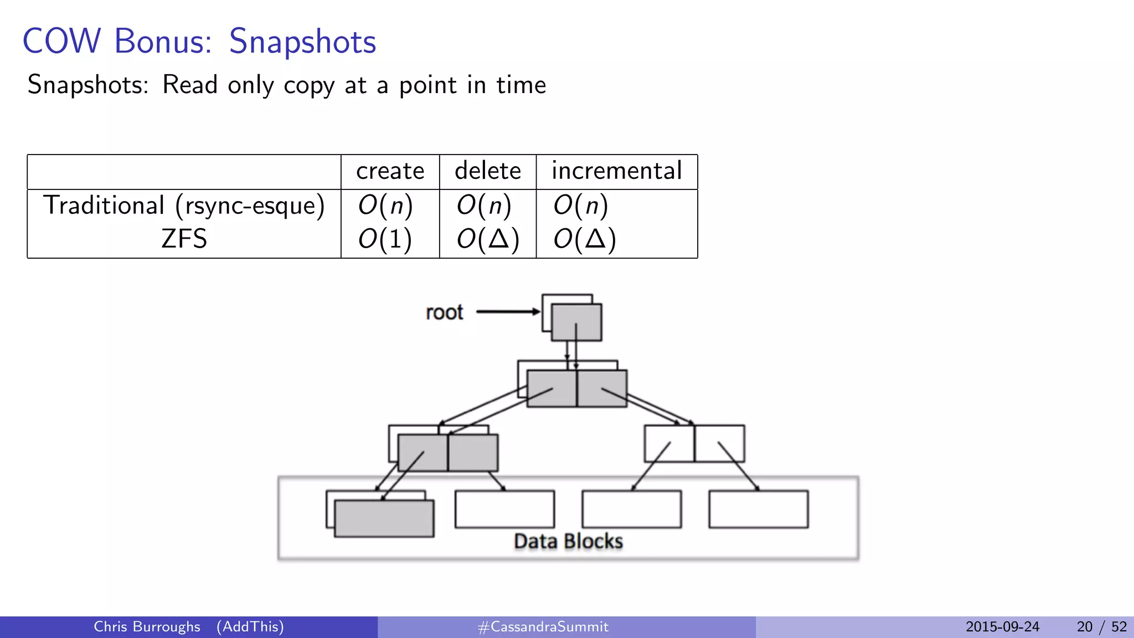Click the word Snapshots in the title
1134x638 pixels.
tap(302, 42)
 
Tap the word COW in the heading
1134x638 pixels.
tap(61, 42)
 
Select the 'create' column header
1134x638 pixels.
tap(390, 171)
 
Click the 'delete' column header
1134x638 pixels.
tap(487, 171)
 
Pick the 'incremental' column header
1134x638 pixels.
tap(616, 171)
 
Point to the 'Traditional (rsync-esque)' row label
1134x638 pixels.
tap(183, 206)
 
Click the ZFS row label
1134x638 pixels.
tap(184, 239)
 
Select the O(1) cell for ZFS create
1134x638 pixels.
tap(385, 239)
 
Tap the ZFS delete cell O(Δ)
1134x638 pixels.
tap(487, 239)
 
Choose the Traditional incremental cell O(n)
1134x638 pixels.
tap(581, 206)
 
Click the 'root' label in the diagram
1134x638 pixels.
tap(444, 312)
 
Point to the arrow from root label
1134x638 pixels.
tap(507, 312)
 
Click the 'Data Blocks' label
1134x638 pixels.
tap(568, 541)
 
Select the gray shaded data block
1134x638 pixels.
tap(384, 518)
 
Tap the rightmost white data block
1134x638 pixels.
tap(758, 509)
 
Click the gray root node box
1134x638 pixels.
tap(576, 322)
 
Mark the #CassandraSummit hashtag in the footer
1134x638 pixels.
tap(543, 627)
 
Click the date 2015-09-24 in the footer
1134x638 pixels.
tap(1002, 627)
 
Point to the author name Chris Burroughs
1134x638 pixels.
tap(147, 627)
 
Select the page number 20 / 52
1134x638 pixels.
tap(1101, 627)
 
